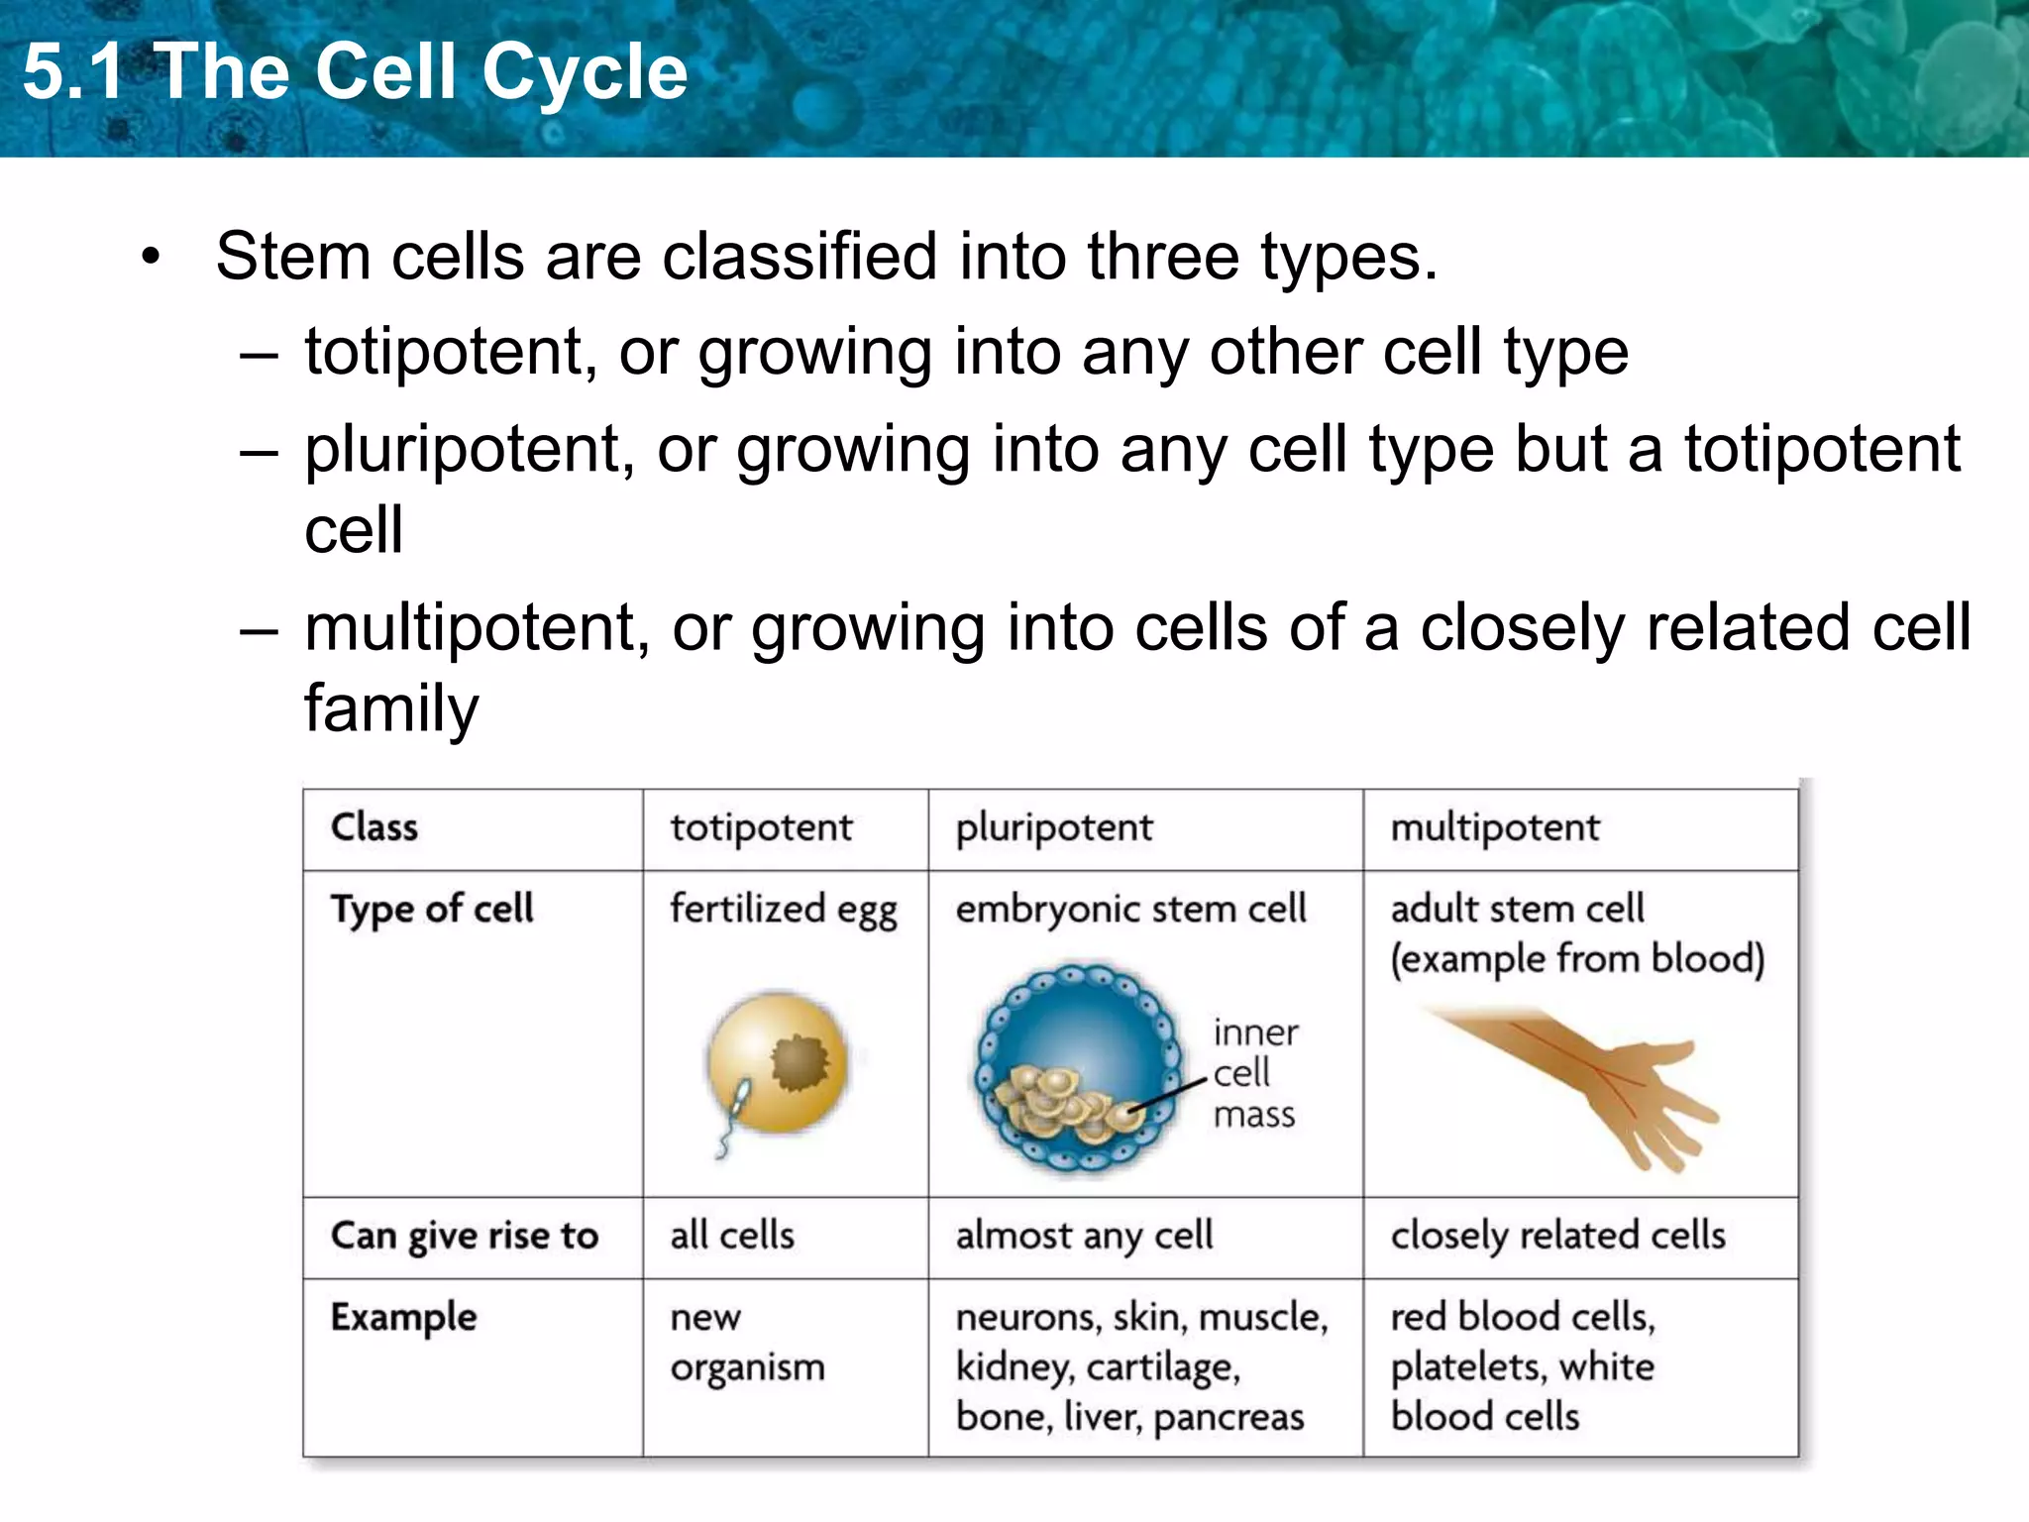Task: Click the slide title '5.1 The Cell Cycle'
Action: pos(355,71)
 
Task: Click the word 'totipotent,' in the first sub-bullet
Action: pos(451,352)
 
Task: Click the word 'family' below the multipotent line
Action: pos(391,707)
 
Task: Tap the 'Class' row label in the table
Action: pos(374,827)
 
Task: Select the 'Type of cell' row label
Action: pos(432,909)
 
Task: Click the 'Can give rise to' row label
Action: pos(465,1236)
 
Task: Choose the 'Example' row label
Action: pos(403,1317)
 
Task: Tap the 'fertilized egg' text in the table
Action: pos(783,910)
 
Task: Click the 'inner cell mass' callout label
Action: pos(1254,1073)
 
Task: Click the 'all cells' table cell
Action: pos(732,1236)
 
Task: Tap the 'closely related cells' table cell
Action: pos(1557,1236)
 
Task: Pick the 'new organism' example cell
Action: pos(747,1342)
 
